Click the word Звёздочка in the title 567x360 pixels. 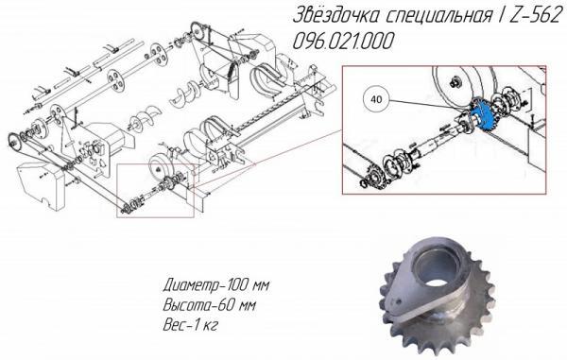pos(332,18)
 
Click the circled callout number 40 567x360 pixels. pos(376,96)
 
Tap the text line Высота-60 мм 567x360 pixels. pos(209,305)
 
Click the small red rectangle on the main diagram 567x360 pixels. pos(155,190)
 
